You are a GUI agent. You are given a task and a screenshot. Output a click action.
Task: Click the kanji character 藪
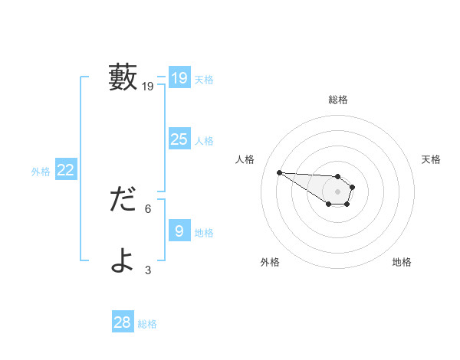[x=123, y=77]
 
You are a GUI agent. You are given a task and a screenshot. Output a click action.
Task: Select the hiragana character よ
[x=123, y=260]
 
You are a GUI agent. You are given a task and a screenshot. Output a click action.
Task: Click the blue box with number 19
[x=179, y=78]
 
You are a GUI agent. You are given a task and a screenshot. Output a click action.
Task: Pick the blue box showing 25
[x=179, y=139]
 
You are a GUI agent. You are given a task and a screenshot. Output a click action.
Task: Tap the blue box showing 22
[x=65, y=170]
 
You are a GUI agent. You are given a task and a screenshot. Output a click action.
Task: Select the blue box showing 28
[x=123, y=322]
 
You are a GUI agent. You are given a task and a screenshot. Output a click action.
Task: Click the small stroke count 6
[x=148, y=208]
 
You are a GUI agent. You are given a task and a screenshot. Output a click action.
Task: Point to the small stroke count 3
[x=148, y=270]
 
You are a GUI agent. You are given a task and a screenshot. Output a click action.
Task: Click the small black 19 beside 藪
[x=148, y=87]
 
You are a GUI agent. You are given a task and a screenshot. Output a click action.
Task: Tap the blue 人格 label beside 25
[x=204, y=141]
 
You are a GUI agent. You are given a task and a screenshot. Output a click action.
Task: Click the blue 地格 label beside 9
[x=204, y=233]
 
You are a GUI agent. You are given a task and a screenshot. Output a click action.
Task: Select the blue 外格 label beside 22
[x=41, y=172]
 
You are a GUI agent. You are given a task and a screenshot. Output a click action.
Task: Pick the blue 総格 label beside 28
[x=147, y=325]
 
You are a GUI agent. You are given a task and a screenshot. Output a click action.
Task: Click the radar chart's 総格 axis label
[x=338, y=100]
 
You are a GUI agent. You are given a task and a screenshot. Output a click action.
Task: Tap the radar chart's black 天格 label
[x=431, y=159]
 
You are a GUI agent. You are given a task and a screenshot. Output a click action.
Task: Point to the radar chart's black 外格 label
[x=270, y=262]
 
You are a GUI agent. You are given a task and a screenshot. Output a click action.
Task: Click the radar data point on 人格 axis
[x=279, y=172]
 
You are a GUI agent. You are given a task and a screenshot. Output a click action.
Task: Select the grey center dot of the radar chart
[x=338, y=191]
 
